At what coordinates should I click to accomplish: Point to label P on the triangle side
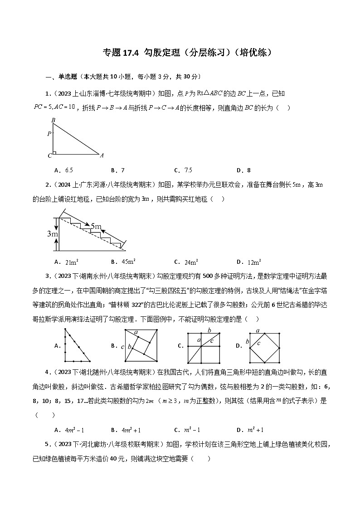click(49, 134)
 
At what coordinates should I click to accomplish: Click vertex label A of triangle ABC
click(102, 155)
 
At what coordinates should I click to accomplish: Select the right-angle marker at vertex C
click(54, 153)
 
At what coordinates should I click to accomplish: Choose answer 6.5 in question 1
click(69, 170)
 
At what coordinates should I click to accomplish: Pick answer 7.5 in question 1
click(188, 170)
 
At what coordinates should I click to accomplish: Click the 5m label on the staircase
click(96, 226)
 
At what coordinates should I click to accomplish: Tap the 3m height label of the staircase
click(51, 234)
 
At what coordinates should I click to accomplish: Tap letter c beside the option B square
click(122, 347)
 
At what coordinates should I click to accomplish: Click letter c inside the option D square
click(258, 344)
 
